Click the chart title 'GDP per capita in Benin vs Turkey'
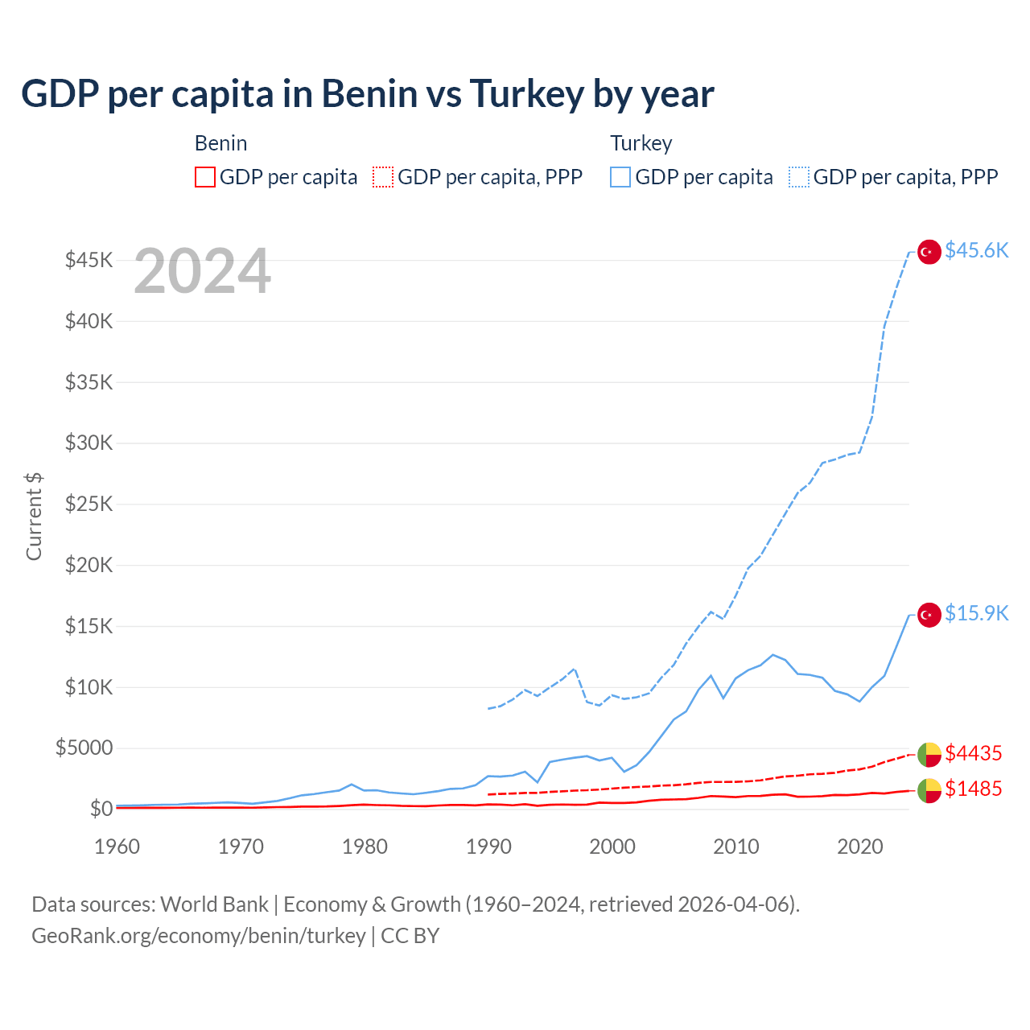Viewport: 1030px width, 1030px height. [367, 94]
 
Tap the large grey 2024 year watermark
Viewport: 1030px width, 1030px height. [202, 272]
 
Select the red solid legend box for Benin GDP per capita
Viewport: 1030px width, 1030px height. [205, 177]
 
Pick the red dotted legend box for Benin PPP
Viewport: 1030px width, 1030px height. [383, 177]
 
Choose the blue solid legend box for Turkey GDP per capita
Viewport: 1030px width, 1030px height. [620, 177]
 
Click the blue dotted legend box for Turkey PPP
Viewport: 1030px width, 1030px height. [799, 177]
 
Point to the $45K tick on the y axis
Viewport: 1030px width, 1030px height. [89, 260]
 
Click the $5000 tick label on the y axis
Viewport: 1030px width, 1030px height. [84, 748]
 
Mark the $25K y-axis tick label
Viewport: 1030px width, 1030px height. [89, 505]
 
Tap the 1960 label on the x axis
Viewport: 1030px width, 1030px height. [117, 847]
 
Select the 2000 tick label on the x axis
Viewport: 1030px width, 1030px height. [612, 847]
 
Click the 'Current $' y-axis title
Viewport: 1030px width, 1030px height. [34, 516]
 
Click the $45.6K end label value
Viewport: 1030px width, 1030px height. [976, 251]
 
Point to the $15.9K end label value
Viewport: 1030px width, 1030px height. [976, 614]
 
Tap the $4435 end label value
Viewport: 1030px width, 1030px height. [973, 754]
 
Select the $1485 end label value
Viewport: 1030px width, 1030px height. [973, 789]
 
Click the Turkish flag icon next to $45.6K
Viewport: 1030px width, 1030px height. [929, 252]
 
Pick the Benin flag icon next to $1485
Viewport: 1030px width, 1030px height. [929, 791]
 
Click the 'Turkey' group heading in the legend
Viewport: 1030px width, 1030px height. [641, 143]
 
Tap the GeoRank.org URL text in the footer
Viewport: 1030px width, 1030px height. [199, 936]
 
